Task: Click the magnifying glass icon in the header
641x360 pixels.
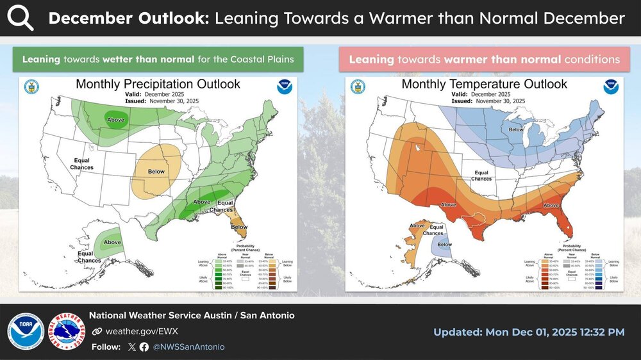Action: click(x=21, y=18)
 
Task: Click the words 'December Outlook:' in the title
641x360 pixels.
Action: click(x=128, y=18)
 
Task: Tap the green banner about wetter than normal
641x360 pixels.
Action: click(x=158, y=60)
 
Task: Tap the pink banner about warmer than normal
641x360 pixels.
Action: click(x=484, y=60)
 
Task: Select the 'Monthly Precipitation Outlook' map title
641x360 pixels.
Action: click(x=158, y=84)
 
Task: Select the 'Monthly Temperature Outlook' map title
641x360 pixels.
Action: click(x=484, y=84)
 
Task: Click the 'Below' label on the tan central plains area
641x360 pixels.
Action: click(x=156, y=172)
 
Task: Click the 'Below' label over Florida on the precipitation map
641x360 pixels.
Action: click(x=239, y=227)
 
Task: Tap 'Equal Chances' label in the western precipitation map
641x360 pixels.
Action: click(x=83, y=164)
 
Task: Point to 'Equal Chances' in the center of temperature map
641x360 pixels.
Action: click(x=482, y=176)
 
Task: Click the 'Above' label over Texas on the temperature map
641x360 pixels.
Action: click(x=448, y=205)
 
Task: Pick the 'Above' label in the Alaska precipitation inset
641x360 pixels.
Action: click(x=113, y=242)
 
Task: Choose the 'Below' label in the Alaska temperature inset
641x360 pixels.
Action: click(x=444, y=244)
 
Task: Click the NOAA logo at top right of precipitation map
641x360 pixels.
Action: click(x=285, y=86)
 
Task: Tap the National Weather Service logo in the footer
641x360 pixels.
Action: click(x=67, y=331)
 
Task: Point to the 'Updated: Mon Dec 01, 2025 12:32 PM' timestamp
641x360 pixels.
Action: click(x=528, y=332)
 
